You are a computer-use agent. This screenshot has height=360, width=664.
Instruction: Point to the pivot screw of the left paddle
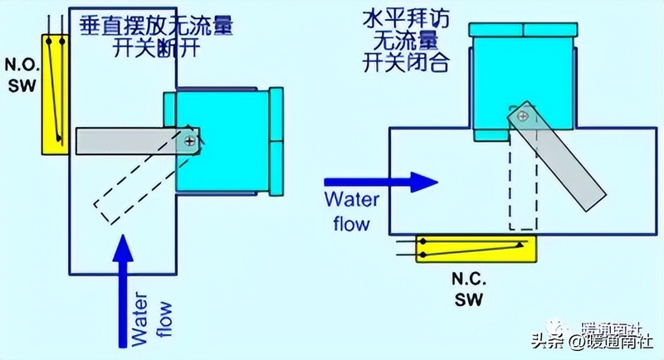(x=192, y=142)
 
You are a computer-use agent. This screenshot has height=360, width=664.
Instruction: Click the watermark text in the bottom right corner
(x=598, y=338)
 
